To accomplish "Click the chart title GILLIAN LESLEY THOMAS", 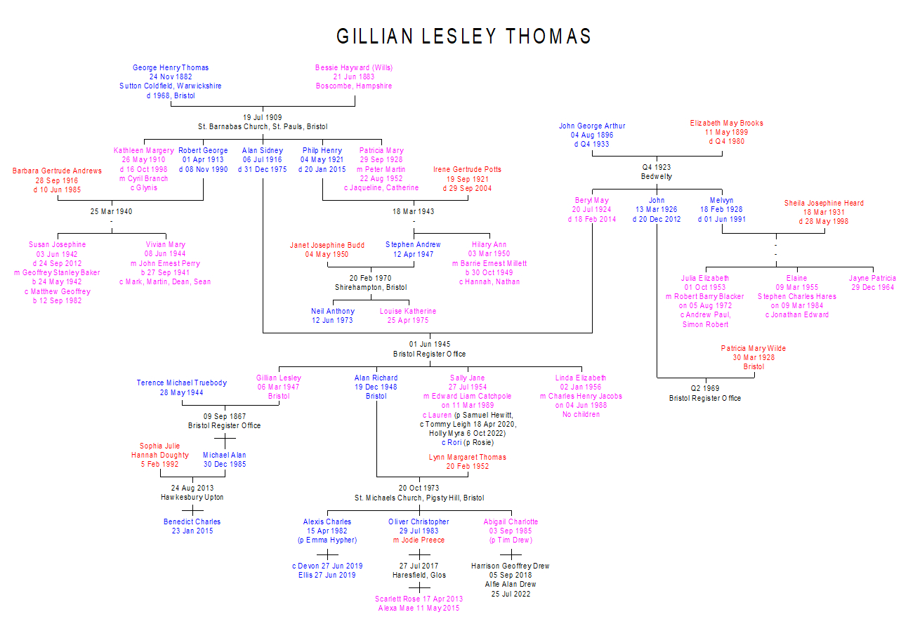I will pyautogui.click(x=463, y=36).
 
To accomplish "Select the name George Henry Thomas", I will pyautogui.click(x=171, y=68).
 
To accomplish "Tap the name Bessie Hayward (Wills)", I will pyautogui.click(x=354, y=68).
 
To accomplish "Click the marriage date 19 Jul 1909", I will pyautogui.click(x=263, y=117).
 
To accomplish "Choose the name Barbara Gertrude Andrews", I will pyautogui.click(x=57, y=171).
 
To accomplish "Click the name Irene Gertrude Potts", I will pyautogui.click(x=467, y=170).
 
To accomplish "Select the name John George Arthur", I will pyautogui.click(x=592, y=126).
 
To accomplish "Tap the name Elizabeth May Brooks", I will pyautogui.click(x=726, y=124).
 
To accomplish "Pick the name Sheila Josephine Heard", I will pyautogui.click(x=824, y=204).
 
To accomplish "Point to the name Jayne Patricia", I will pyautogui.click(x=872, y=279).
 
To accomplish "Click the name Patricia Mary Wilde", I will pyautogui.click(x=754, y=349).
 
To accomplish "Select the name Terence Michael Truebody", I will pyautogui.click(x=182, y=383).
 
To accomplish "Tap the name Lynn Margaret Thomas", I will pyautogui.click(x=467, y=458).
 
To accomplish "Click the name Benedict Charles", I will pyautogui.click(x=192, y=522).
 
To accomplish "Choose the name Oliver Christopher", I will pyautogui.click(x=419, y=522).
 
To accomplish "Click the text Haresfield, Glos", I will pyautogui.click(x=419, y=576).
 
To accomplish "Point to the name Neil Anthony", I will pyautogui.click(x=333, y=312).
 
